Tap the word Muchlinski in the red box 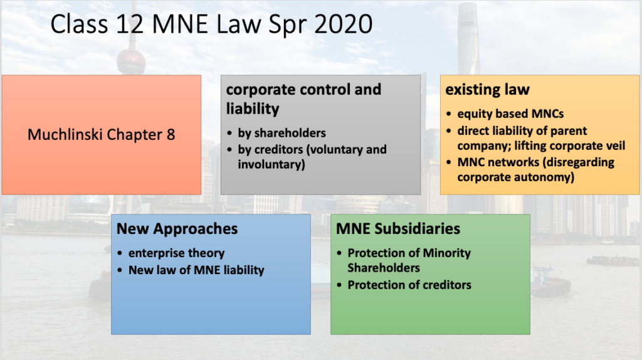pyautogui.click(x=65, y=134)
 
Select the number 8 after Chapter pyautogui.click(x=171, y=134)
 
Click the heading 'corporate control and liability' pyautogui.click(x=303, y=98)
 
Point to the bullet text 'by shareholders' pyautogui.click(x=282, y=133)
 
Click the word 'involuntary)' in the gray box pyautogui.click(x=271, y=164)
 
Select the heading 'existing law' pyautogui.click(x=487, y=89)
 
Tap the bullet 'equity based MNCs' pyautogui.click(x=510, y=114)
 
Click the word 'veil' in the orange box pyautogui.click(x=615, y=146)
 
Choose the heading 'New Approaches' pyautogui.click(x=177, y=228)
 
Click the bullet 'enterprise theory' pyautogui.click(x=176, y=253)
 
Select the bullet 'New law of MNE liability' pyautogui.click(x=196, y=270)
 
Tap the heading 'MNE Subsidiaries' pyautogui.click(x=398, y=228)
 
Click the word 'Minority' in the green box pyautogui.click(x=446, y=253)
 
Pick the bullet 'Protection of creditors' pyautogui.click(x=409, y=285)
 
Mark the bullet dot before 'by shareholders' pyautogui.click(x=229, y=133)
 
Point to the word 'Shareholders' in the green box pyautogui.click(x=384, y=267)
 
